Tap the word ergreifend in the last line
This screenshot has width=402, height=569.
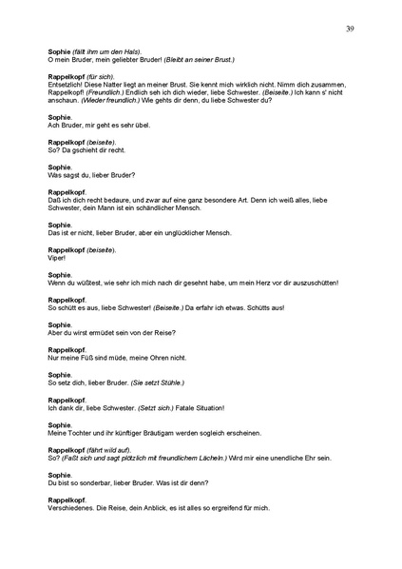(x=220, y=506)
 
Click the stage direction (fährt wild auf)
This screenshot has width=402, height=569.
(x=112, y=449)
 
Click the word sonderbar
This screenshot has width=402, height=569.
(x=93, y=481)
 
